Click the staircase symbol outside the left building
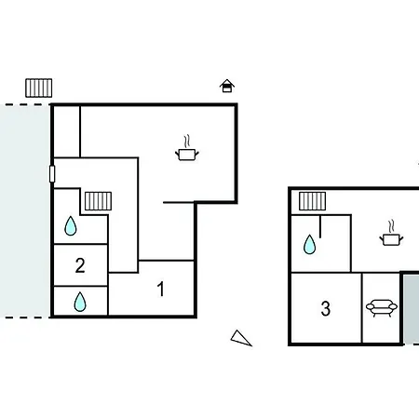[x=39, y=88]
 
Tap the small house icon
[x=227, y=86]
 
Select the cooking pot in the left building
[x=187, y=155]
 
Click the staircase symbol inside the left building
[x=98, y=201]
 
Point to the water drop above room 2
[x=71, y=225]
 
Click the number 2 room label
[x=80, y=265]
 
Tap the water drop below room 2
[x=80, y=302]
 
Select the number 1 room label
[x=160, y=289]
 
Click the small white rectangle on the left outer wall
[x=52, y=174]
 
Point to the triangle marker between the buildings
[x=240, y=338]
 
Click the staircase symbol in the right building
[x=312, y=201]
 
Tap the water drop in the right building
[x=309, y=244]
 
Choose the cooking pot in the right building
[x=391, y=239]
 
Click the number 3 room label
[x=326, y=308]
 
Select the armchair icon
[x=382, y=308]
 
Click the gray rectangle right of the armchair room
[x=412, y=308]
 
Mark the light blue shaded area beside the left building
[x=25, y=211]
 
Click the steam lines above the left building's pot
[x=186, y=142]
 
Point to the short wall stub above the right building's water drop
[x=320, y=226]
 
